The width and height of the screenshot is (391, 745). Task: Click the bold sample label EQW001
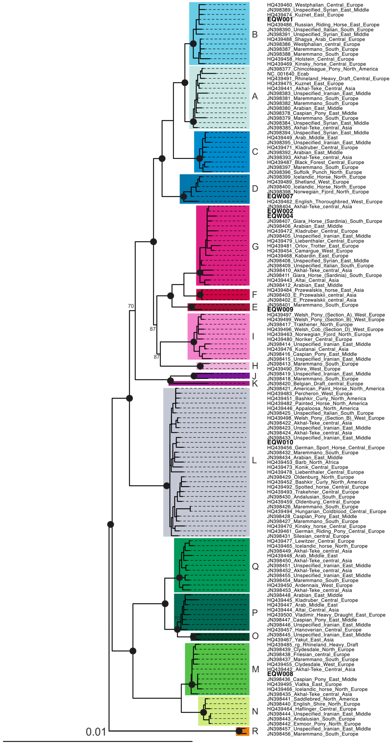(280, 19)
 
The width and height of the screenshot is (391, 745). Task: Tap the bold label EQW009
(280, 309)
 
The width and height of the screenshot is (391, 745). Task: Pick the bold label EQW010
(280, 442)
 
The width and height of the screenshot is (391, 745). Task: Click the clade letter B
(255, 34)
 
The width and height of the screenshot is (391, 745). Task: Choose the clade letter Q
(255, 566)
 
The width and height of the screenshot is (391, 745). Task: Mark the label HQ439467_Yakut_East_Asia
(300, 640)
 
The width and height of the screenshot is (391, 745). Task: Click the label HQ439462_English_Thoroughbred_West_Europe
(324, 202)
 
